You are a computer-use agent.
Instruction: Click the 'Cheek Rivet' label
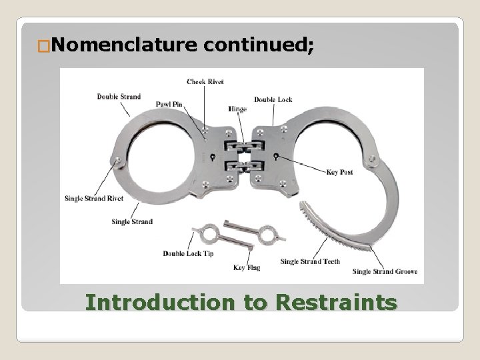click(x=205, y=81)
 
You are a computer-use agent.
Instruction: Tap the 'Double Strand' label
click(x=119, y=96)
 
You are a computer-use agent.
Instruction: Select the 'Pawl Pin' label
click(x=169, y=103)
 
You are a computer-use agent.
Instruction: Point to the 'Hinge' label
click(x=237, y=109)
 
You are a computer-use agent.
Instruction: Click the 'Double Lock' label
click(x=273, y=99)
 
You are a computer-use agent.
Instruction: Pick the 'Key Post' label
click(x=340, y=171)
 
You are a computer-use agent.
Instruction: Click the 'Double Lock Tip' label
click(x=188, y=253)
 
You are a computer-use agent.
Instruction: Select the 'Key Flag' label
click(x=247, y=267)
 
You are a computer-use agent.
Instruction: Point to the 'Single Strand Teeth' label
click(x=310, y=261)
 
